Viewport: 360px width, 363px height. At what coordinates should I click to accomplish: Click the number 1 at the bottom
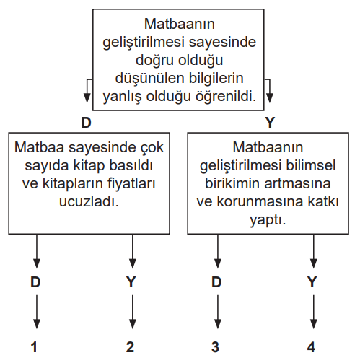(x=34, y=347)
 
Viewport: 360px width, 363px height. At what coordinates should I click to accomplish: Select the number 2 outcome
(x=130, y=347)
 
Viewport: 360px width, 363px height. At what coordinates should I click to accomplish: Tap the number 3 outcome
(x=215, y=347)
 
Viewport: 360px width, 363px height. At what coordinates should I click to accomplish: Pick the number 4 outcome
(x=311, y=347)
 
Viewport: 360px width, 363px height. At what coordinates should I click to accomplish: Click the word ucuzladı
(x=89, y=201)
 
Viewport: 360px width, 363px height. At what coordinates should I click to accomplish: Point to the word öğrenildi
(x=226, y=96)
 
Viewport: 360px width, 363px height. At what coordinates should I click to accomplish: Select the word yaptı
(x=268, y=220)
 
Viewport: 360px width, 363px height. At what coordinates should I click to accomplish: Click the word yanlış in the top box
(x=123, y=97)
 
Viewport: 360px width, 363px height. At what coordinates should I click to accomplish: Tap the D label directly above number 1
(x=35, y=282)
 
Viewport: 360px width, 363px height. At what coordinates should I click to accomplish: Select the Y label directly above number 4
(x=312, y=282)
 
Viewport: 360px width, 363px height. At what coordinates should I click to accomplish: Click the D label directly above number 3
(x=216, y=282)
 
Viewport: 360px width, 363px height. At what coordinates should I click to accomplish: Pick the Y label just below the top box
(x=270, y=123)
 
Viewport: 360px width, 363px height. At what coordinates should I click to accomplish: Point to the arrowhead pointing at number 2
(x=133, y=324)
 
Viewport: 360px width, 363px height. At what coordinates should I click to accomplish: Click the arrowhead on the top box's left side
(x=87, y=98)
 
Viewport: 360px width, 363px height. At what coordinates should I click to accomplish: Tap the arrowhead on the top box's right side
(x=270, y=98)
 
